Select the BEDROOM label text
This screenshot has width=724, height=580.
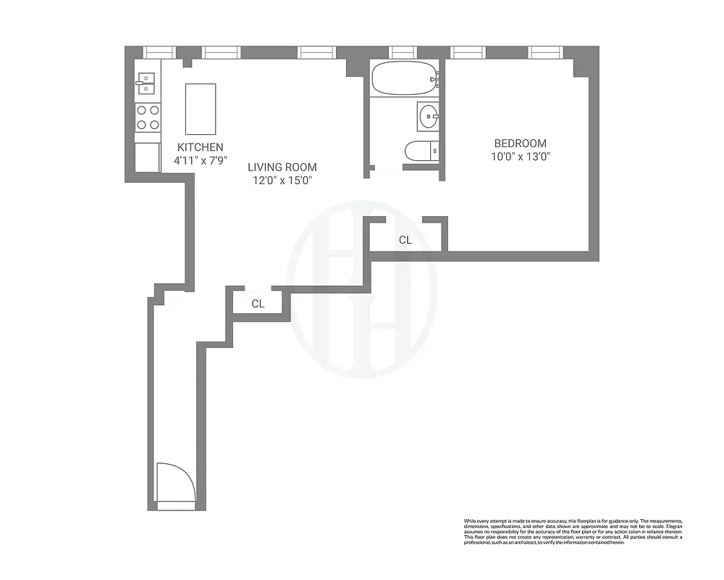tap(521, 144)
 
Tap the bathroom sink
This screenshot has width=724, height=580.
tap(429, 115)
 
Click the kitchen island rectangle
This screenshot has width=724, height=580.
tap(201, 109)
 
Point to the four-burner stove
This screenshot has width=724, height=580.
tap(148, 117)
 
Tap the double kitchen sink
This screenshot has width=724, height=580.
tap(147, 83)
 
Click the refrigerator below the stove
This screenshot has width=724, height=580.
tap(148, 157)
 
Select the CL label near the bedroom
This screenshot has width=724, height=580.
tap(405, 240)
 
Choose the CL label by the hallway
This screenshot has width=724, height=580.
tap(258, 304)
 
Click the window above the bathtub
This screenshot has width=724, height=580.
tap(403, 52)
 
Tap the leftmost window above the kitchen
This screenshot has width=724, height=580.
tap(159, 52)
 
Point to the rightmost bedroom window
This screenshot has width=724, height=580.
tap(546, 52)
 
